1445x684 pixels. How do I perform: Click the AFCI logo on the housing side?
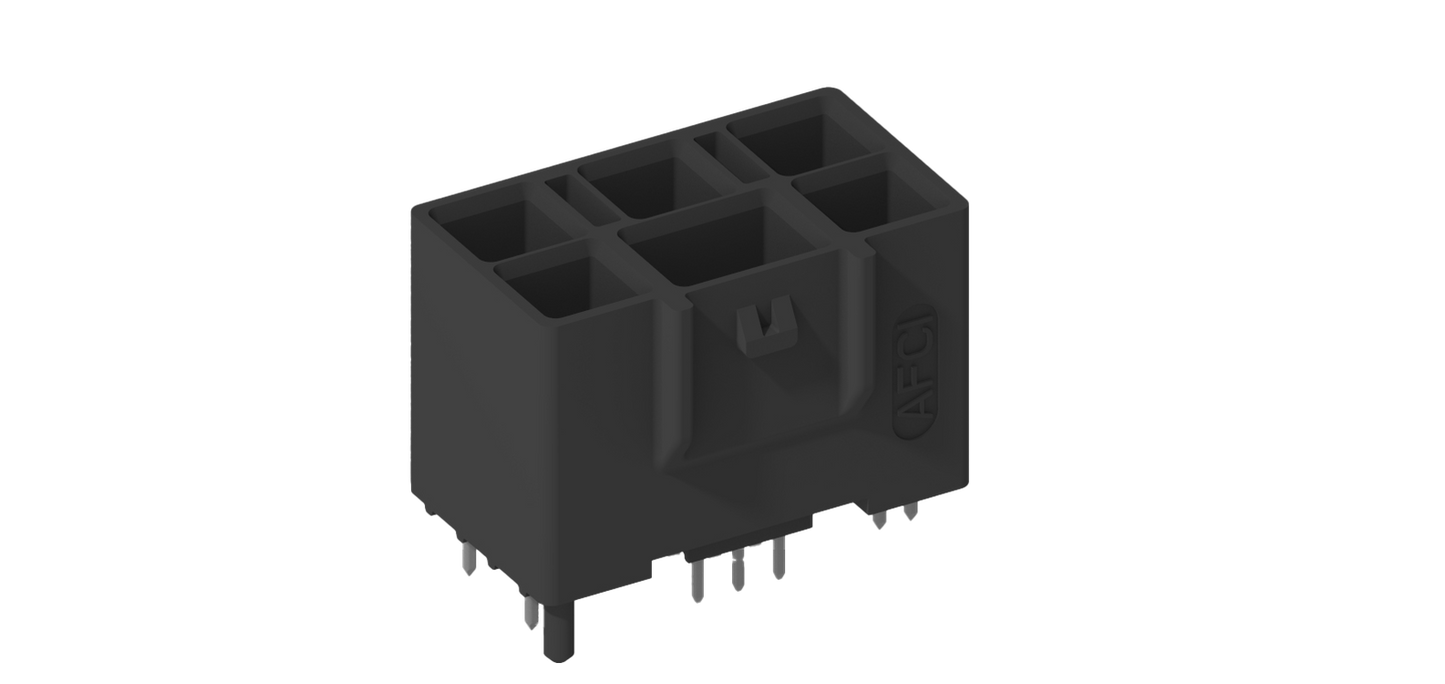click(914, 372)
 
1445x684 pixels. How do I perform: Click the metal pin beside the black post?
click(530, 612)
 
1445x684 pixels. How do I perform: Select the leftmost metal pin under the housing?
click(469, 558)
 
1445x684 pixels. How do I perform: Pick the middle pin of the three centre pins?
click(737, 569)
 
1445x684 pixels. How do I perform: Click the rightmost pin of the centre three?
click(779, 558)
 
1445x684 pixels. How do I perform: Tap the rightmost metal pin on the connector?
click(910, 511)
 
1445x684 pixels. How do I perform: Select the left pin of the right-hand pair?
click(879, 519)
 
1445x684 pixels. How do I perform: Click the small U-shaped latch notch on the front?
click(767, 329)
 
